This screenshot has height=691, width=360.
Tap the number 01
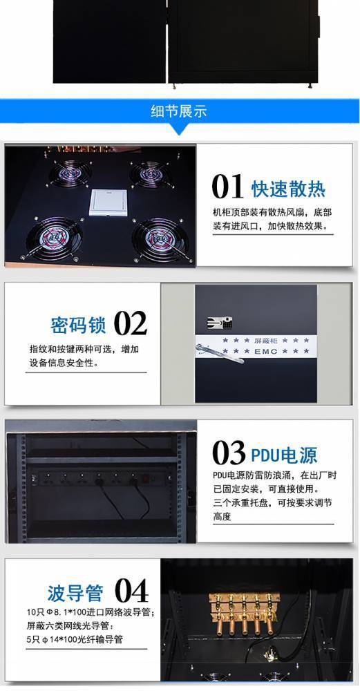coord(227,187)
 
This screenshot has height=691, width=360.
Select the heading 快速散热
coord(289,189)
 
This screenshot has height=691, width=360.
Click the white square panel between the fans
coord(108,202)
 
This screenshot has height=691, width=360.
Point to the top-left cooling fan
coord(70,173)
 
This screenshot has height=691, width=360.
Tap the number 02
coord(131,323)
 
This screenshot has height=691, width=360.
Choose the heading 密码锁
coord(79,325)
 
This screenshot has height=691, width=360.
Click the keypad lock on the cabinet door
coord(220,323)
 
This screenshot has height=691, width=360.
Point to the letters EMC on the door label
coord(266,351)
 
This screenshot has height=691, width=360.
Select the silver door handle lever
coord(222,354)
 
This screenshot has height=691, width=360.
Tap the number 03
coord(229,453)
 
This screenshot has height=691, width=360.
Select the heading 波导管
coord(75,593)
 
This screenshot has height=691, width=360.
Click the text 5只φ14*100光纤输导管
coord(75,639)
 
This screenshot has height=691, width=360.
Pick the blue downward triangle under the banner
coord(179,129)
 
